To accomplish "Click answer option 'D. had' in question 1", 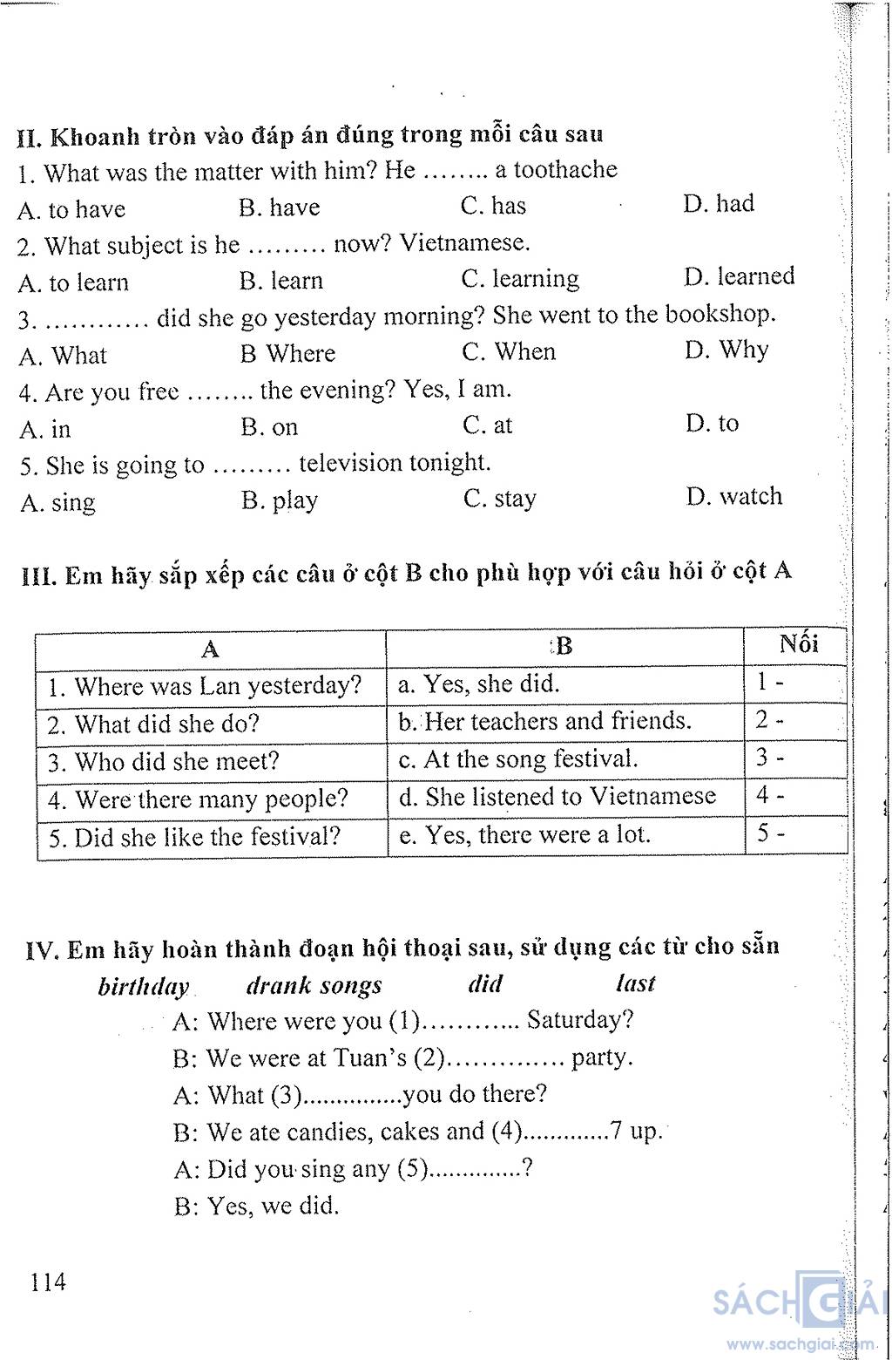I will (x=719, y=204).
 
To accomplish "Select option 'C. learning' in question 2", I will (x=520, y=279).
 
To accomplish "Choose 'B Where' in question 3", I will (x=287, y=354).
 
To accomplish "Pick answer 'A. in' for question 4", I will (x=45, y=430).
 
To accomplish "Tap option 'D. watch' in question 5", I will (x=733, y=497).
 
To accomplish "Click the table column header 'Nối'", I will (x=798, y=644).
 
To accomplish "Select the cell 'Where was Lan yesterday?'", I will (x=205, y=686).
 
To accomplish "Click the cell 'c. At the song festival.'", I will (x=518, y=759).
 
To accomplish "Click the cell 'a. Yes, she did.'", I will (x=479, y=684).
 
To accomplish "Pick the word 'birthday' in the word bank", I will (x=143, y=987).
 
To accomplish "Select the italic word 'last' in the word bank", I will (x=635, y=984).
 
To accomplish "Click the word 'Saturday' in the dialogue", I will (x=578, y=1019).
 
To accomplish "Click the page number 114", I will (x=47, y=1282).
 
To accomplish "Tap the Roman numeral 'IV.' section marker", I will (x=42, y=949).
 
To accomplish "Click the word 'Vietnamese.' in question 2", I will (x=464, y=242).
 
